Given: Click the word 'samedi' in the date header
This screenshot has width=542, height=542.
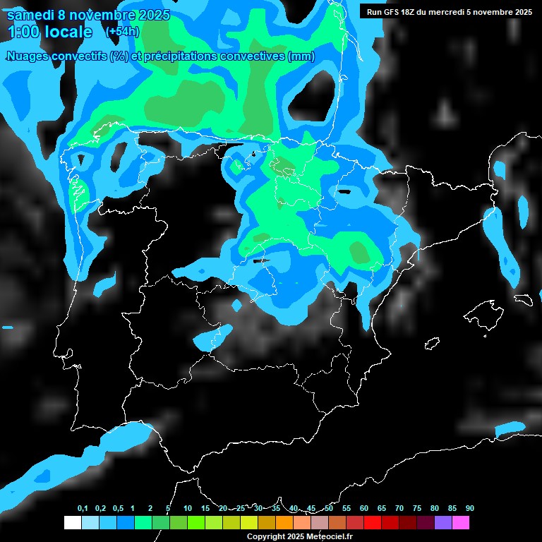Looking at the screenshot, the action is coord(32,15).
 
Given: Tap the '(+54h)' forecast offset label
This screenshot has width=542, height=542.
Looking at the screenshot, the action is coord(122,32).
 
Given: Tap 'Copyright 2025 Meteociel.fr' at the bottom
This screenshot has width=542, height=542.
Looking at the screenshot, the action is coord(300,537).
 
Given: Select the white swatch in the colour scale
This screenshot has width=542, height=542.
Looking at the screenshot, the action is coord(72,522).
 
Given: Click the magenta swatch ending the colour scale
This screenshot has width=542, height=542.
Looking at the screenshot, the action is coord(461,522).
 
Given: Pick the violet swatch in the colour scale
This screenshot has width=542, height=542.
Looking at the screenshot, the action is coord(443,522).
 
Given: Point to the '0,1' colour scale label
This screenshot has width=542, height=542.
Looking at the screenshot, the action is coord(83,509).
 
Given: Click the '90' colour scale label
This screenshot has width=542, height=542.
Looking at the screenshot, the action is coord(470,509).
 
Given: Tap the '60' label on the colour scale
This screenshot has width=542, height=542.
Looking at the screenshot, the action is coord(364,509).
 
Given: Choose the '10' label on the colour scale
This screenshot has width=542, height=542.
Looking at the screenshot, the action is coord(188,509).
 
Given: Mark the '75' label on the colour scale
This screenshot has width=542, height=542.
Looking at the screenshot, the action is coord(417,509).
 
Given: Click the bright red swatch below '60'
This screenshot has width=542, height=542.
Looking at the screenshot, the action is coord(373,522).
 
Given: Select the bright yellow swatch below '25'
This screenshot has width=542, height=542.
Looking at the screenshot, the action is coord(249,522).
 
